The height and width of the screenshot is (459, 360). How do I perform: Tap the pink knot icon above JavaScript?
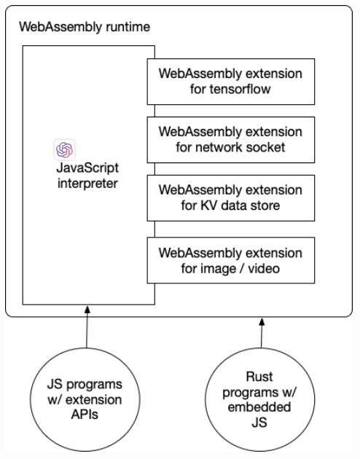coord(64,149)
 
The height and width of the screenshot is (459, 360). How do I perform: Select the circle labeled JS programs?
coord(87,394)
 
